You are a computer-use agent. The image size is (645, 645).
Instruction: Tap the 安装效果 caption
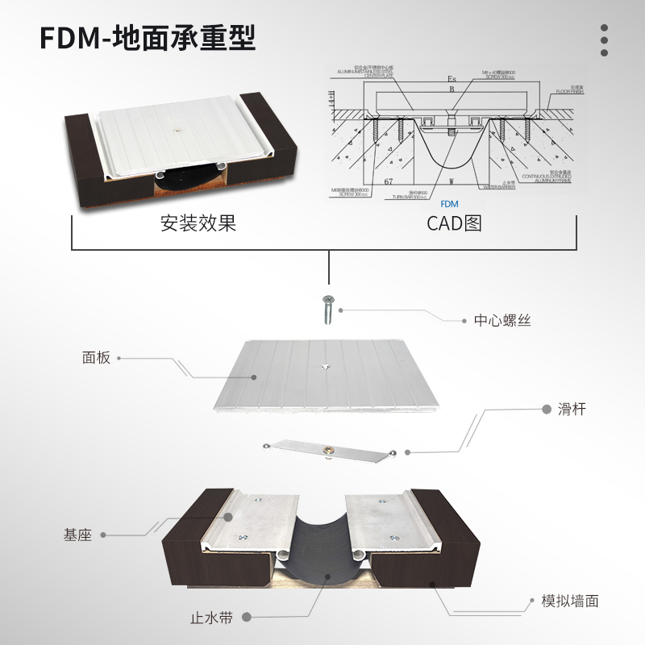[x=198, y=223]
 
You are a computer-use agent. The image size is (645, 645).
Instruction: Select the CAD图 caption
[x=454, y=223]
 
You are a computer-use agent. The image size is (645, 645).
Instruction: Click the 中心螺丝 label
[x=502, y=320]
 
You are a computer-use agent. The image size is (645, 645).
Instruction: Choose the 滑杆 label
[x=572, y=410]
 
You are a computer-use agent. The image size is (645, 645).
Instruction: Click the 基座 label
[x=77, y=535]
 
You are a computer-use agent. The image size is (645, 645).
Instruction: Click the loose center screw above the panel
[x=328, y=310]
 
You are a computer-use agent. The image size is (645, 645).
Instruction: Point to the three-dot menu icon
[x=604, y=40]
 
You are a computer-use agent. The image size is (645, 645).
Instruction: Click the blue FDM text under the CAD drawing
[x=450, y=205]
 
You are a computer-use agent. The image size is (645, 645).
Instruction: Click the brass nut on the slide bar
[x=328, y=449]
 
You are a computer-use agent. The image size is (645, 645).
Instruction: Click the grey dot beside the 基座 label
[x=108, y=535]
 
